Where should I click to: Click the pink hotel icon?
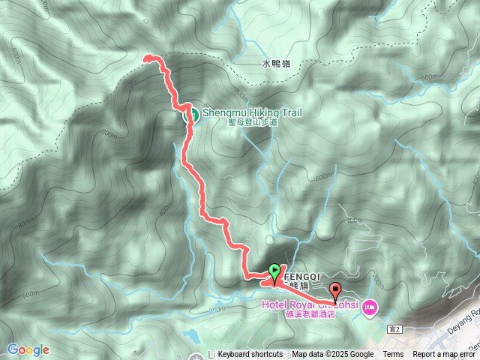point(369,307)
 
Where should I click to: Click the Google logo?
point(28,349)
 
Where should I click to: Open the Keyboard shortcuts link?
point(250,355)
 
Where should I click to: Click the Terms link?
point(393,355)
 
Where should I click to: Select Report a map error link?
point(445,355)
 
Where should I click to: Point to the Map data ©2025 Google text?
point(332,355)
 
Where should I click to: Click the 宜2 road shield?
point(396,328)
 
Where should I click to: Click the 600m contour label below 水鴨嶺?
point(430,77)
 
